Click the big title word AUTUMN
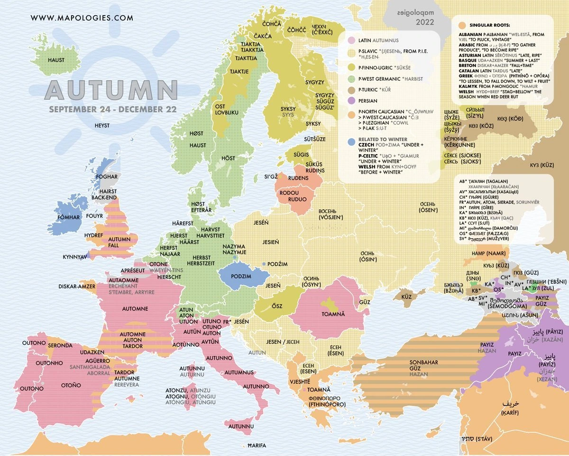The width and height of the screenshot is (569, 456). [111, 90]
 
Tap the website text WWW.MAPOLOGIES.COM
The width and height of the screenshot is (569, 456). [82, 18]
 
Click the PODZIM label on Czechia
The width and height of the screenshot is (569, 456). [240, 277]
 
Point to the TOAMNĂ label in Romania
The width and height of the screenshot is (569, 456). [335, 314]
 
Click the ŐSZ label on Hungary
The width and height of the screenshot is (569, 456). [277, 306]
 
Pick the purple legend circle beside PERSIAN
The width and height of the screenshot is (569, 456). [351, 101]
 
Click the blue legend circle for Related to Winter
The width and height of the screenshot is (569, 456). [351, 141]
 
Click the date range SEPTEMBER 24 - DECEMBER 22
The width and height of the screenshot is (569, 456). [112, 109]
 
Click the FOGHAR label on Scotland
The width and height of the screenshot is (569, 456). [107, 177]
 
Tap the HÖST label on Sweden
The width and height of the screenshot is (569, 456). [228, 158]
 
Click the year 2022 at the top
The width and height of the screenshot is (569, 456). [425, 22]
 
